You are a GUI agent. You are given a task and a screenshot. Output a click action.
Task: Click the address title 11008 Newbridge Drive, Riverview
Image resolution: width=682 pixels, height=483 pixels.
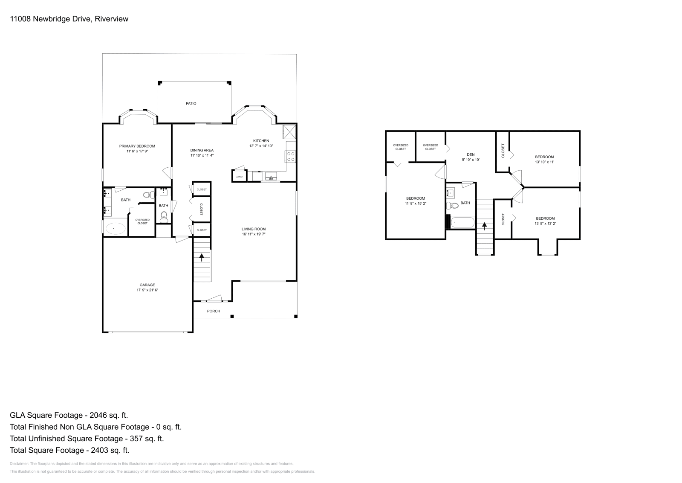[x=69, y=19]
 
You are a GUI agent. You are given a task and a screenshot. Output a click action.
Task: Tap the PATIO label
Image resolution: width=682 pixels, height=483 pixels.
[x=191, y=104]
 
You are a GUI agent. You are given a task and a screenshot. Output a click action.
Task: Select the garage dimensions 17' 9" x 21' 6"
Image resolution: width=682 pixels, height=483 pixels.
[x=147, y=290]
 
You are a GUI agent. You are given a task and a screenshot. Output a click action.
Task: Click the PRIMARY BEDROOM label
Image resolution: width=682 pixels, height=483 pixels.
[x=137, y=146]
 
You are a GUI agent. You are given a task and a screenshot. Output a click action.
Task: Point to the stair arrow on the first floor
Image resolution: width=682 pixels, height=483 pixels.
[x=202, y=257]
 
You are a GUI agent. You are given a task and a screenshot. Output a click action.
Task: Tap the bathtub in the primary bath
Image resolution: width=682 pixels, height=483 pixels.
[x=115, y=229]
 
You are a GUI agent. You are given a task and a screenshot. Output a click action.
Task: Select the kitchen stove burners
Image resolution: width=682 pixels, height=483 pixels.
[x=291, y=157]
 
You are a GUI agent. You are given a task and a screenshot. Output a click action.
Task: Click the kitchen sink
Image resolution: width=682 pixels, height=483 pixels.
[x=271, y=176]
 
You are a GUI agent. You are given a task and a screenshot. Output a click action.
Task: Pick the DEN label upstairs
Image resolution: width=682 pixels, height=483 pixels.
[x=471, y=154]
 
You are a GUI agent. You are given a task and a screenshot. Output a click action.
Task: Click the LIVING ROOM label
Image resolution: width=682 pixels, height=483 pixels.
[x=254, y=229]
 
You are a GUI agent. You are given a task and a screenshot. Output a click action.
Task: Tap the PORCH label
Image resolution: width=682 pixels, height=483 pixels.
[x=214, y=311]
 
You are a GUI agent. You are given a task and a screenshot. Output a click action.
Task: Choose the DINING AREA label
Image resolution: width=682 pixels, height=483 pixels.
[x=202, y=150]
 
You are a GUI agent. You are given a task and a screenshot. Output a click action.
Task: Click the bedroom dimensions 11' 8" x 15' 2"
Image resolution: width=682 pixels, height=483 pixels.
[x=416, y=204]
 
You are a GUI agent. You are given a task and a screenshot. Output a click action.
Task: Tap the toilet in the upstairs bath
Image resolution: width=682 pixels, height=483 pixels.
[x=454, y=206]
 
